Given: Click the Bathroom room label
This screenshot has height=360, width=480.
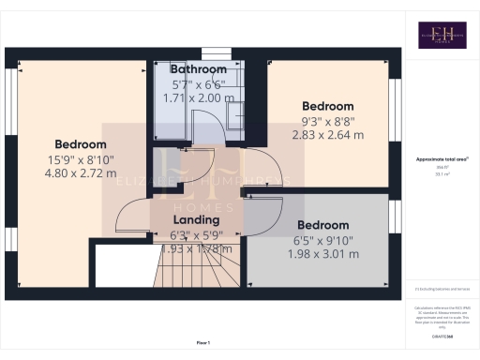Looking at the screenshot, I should click(x=198, y=69).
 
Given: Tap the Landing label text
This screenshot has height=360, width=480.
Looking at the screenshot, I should click(x=197, y=219).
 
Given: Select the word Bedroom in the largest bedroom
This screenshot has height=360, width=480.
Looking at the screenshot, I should click(x=81, y=144).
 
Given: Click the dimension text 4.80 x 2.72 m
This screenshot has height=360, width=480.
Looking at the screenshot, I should click(x=81, y=174).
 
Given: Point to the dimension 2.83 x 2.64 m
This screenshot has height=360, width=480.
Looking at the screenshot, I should click(x=327, y=134).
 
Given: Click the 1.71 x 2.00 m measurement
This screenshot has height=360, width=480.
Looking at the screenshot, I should click(x=198, y=97).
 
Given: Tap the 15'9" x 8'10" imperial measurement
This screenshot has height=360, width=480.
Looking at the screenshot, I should click(x=81, y=159).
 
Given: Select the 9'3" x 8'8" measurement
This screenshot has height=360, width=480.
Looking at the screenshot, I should click(x=327, y=120).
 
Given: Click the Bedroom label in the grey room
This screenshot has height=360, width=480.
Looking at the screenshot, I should click(x=322, y=225).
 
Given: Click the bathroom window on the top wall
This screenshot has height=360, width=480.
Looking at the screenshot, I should click(x=215, y=52).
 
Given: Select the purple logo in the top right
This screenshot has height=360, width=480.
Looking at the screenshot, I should click(x=442, y=35).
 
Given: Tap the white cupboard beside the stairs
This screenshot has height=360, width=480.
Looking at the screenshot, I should click(x=124, y=267).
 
